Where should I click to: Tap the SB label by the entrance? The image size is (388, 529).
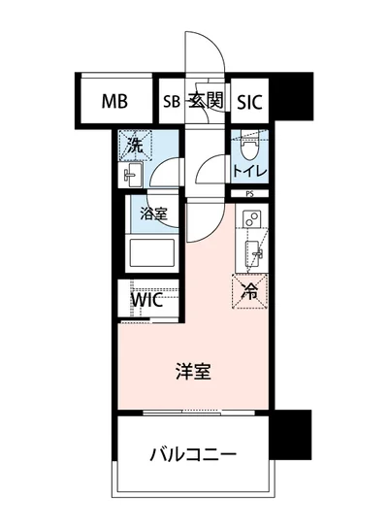point(171,101)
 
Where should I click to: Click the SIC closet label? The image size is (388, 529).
point(249,101)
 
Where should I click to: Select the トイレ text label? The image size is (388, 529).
point(249,173)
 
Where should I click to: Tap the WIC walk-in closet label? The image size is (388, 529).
point(147,299)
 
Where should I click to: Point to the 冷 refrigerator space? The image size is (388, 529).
point(249,288)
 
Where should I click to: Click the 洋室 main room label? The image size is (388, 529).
point(193,371)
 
